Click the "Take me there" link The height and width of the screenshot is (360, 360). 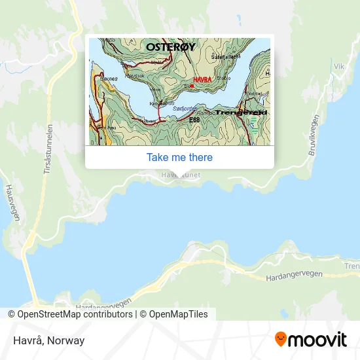[179, 157]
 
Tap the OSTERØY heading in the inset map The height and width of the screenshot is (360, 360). [170, 47]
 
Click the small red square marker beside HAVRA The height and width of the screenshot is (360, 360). [192, 86]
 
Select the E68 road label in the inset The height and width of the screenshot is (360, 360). [194, 120]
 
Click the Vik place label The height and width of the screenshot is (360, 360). [338, 66]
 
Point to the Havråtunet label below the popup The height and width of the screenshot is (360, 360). [179, 175]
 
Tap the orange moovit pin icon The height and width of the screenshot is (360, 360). [281, 340]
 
